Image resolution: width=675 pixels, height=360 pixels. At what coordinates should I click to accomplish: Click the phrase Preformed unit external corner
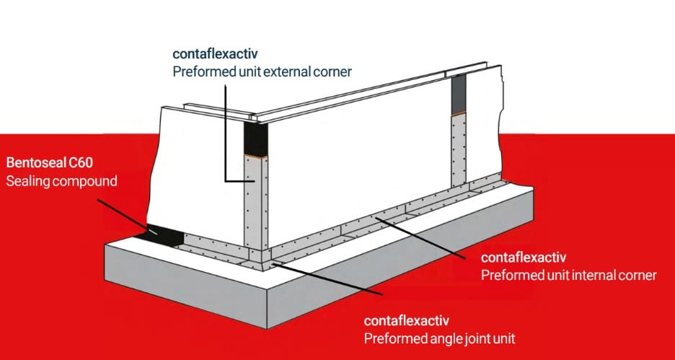coord(261,71)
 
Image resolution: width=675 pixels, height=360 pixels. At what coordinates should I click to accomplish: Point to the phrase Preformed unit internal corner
coord(568,275)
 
